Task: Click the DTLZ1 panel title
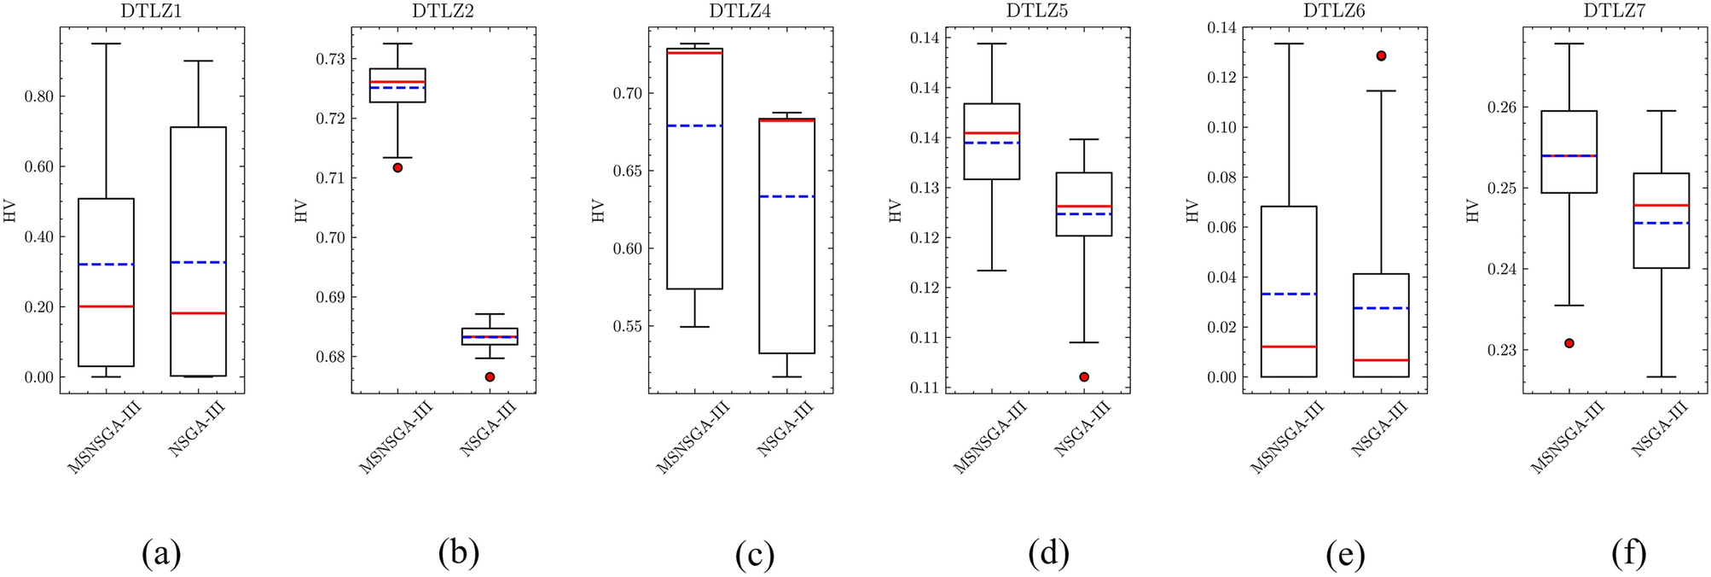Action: tap(152, 11)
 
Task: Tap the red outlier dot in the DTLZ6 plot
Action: tap(1381, 55)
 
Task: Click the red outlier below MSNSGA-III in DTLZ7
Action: tap(1569, 343)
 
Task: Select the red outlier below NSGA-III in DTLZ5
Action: tap(1084, 376)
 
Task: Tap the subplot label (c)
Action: tap(755, 555)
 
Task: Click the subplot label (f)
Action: tap(1629, 555)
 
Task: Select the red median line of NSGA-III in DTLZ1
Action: tap(198, 313)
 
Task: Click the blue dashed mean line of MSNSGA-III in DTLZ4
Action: tap(695, 125)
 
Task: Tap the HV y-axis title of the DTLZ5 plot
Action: tap(896, 211)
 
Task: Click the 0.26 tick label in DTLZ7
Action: tap(1500, 108)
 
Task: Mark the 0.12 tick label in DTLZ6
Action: tap(1222, 78)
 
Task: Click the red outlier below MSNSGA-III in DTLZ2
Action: tap(397, 167)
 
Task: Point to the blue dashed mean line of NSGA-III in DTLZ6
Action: tap(1381, 307)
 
